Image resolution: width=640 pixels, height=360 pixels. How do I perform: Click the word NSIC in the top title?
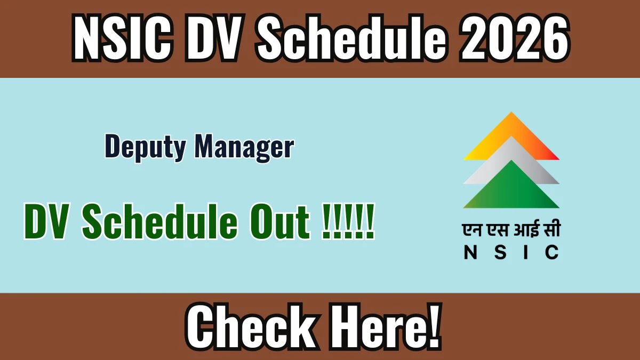pyautogui.click(x=122, y=38)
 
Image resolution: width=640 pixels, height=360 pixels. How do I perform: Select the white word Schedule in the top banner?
pyautogui.click(x=351, y=38)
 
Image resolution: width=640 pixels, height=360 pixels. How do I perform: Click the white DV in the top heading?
pyautogui.click(x=215, y=38)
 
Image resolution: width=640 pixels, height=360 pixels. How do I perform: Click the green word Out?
pyautogui.click(x=279, y=222)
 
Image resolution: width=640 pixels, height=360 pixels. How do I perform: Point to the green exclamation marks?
pyautogui.click(x=348, y=221)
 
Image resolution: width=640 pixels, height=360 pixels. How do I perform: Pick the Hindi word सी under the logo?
pyautogui.click(x=551, y=228)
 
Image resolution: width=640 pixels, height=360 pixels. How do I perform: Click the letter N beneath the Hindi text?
pyautogui.click(x=470, y=252)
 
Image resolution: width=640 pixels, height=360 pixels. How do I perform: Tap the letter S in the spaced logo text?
pyautogui.click(x=500, y=252)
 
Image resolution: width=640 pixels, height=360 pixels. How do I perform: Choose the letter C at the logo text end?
pyautogui.click(x=552, y=252)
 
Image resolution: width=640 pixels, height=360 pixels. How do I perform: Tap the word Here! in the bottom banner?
pyautogui.click(x=385, y=326)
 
